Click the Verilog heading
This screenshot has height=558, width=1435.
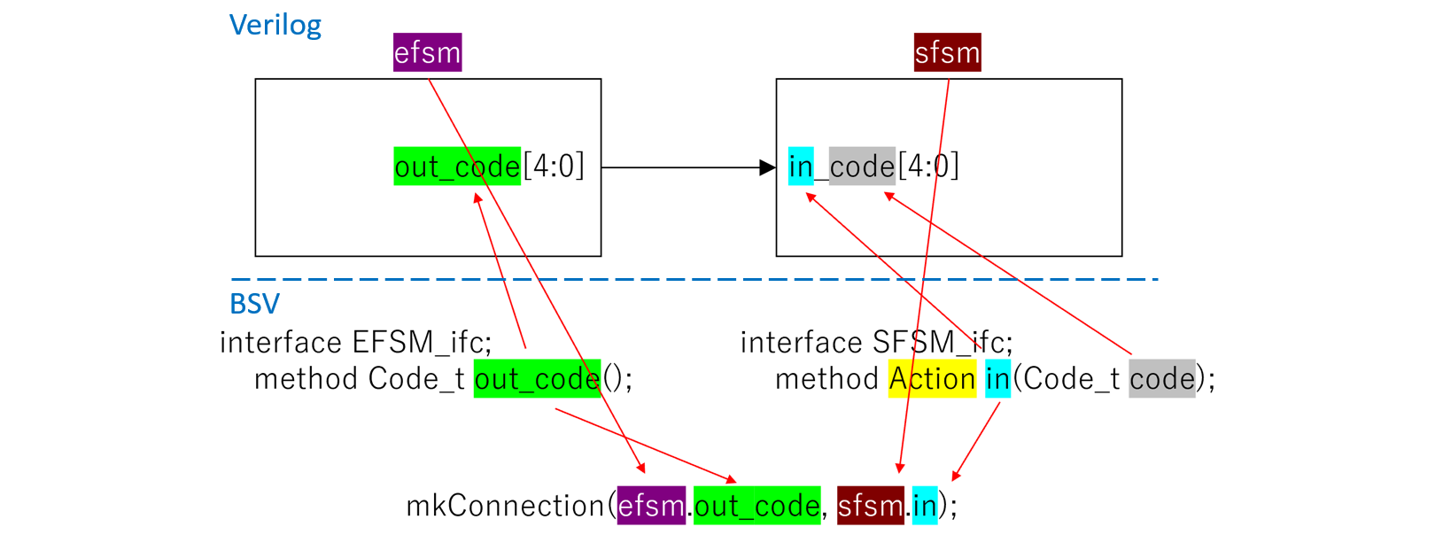pyautogui.click(x=275, y=25)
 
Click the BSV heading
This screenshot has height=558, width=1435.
pyautogui.click(x=254, y=304)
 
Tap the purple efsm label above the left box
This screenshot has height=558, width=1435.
pyautogui.click(x=427, y=53)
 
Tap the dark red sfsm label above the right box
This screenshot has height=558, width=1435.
pyautogui.click(x=947, y=53)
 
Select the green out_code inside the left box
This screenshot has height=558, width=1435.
pyautogui.click(x=456, y=167)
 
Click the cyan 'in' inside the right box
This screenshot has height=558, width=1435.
pyautogui.click(x=801, y=167)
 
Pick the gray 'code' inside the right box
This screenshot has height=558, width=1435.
pyautogui.click(x=862, y=167)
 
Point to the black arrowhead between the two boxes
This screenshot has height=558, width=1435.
pyautogui.click(x=767, y=167)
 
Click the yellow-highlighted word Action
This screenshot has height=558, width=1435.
pyautogui.click(x=932, y=379)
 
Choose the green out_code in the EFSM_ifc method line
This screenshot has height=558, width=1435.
pyautogui.click(x=537, y=379)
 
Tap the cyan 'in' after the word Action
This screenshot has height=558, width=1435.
pyautogui.click(x=997, y=379)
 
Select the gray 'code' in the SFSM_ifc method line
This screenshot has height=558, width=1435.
pyautogui.click(x=1162, y=379)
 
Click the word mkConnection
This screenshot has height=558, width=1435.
pyautogui.click(x=505, y=506)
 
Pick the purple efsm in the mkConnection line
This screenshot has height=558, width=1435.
pyautogui.click(x=651, y=506)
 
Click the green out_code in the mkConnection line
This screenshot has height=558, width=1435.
pyautogui.click(x=756, y=506)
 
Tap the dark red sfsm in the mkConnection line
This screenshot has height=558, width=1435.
pyautogui.click(x=870, y=506)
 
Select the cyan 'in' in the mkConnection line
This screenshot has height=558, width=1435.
pyautogui.click(x=925, y=506)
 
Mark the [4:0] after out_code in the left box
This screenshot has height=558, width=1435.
pyautogui.click(x=554, y=167)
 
